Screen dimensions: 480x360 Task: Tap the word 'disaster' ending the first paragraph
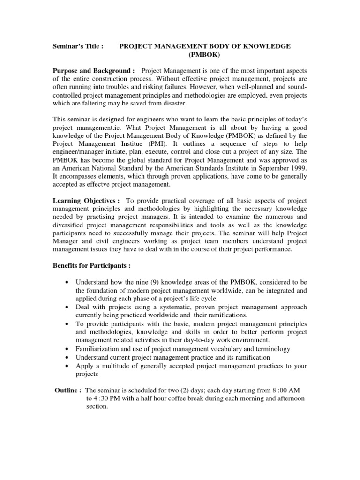click(170, 103)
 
